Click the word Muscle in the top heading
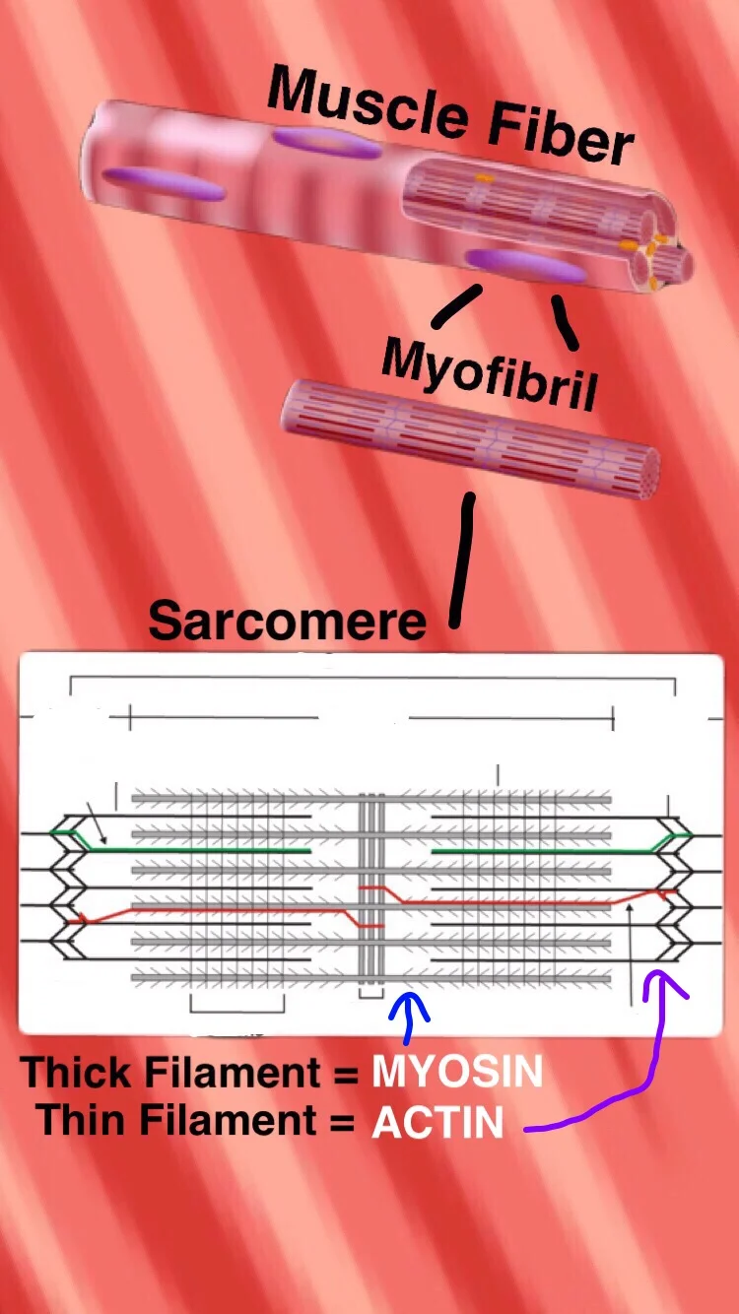[x=355, y=102]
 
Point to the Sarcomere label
[x=287, y=621]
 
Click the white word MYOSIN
[x=457, y=1072]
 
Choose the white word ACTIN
[x=437, y=1122]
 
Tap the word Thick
[x=80, y=1072]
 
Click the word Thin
[x=82, y=1121]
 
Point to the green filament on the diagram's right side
[x=532, y=849]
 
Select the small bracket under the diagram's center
[x=369, y=995]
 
